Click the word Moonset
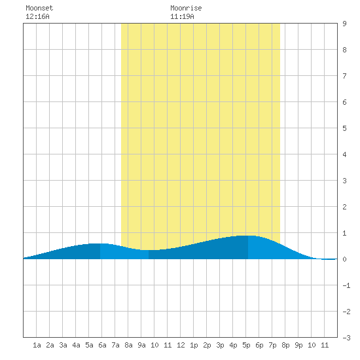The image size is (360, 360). coord(39,8)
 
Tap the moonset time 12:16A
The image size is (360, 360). coord(37,16)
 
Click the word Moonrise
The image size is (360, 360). coord(186,8)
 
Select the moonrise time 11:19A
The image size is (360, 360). coord(182,16)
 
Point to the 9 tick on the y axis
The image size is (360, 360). coord(344,24)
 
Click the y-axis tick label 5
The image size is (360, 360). coord(344,128)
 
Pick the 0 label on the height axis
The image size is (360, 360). coord(344,259)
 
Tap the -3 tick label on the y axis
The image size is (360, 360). coord(347,338)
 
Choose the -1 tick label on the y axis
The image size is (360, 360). coord(347,285)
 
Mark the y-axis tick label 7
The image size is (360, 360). coord(344,76)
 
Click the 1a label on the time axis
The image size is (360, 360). coord(37,345)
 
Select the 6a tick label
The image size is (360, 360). coord(102,345)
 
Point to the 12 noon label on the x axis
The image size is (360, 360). coord(181,345)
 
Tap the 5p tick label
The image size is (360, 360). coord(246,345)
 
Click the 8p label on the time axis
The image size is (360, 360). coord(285,345)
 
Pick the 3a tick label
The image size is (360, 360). coord(63,345)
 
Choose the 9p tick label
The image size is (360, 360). coord(298,345)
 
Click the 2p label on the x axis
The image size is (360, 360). coord(207,345)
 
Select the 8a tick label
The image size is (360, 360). coord(128,345)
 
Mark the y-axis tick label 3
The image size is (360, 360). coord(344,181)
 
